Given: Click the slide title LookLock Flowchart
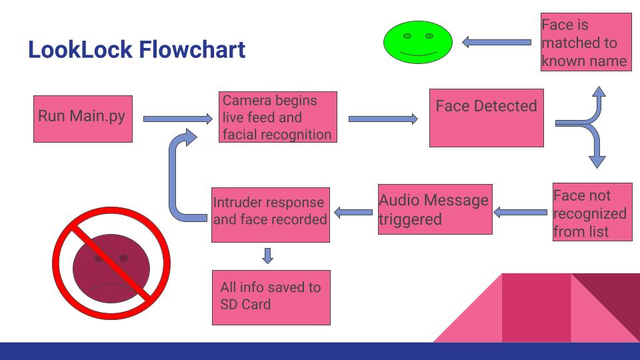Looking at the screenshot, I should click(x=137, y=50).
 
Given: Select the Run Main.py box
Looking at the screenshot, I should click(x=83, y=119).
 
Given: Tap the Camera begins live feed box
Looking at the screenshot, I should click(x=277, y=117).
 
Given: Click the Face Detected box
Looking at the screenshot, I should click(x=486, y=117).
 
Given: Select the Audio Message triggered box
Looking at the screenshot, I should click(x=435, y=209).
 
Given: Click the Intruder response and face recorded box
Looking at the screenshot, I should click(x=271, y=215).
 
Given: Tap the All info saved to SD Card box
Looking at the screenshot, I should click(x=271, y=297).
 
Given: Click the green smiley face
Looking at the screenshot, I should click(x=418, y=42).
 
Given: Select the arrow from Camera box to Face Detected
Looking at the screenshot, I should click(x=383, y=119).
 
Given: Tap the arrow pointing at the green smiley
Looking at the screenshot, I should click(x=497, y=42).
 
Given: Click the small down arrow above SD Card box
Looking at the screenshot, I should click(x=268, y=255).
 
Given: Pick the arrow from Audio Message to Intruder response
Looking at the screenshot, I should click(x=353, y=213).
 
